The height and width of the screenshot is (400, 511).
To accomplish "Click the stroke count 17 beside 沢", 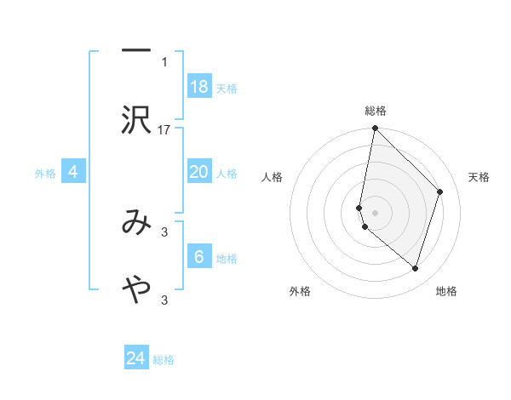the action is (164, 129).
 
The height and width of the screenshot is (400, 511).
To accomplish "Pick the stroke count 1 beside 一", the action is (164, 61).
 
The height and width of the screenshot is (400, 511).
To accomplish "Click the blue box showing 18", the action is (199, 87).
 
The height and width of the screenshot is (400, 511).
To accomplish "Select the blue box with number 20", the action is (199, 172).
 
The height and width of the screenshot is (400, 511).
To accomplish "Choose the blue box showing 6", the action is (199, 257).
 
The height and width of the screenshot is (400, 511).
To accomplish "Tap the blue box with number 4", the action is (73, 172).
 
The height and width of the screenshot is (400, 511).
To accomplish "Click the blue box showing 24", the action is (136, 358).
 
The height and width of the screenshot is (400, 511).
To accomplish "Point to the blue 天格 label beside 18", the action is (227, 89).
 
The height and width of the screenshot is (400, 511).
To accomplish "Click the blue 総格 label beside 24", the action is (164, 360).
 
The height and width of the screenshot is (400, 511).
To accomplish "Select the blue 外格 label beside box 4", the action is (45, 174).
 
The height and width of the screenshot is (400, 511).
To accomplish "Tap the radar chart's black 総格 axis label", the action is (376, 111).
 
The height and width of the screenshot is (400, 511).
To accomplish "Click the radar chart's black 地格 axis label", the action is (446, 292).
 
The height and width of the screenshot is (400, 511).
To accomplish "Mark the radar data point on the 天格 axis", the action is (440, 191).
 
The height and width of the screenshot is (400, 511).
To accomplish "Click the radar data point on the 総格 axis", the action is (376, 129).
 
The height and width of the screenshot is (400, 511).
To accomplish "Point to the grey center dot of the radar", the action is (376, 212).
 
